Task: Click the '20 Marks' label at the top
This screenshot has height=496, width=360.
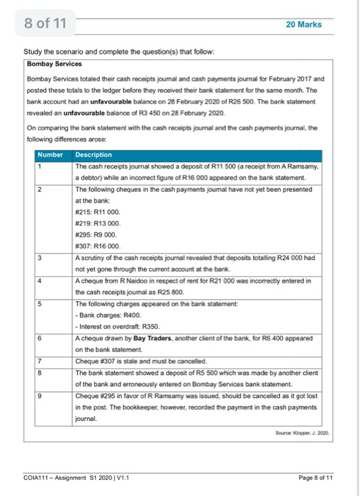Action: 303,24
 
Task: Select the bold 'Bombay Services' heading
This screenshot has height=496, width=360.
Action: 55,63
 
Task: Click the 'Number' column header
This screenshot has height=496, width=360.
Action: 50,154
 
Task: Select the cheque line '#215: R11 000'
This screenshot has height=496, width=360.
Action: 97,211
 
